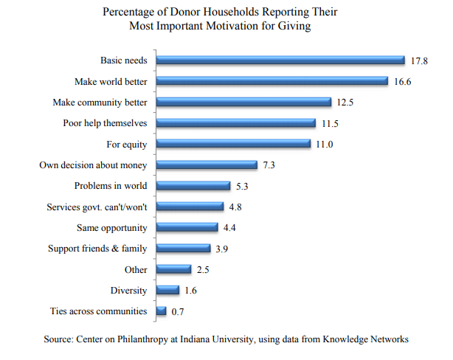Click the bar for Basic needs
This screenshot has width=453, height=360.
[x=280, y=60]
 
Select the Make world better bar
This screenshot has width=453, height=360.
[x=272, y=81]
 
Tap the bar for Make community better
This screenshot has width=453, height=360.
[x=243, y=102]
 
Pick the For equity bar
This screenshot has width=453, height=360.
[x=233, y=144]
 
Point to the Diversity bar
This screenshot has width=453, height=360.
[x=167, y=291]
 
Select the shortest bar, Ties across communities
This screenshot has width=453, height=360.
[x=161, y=311]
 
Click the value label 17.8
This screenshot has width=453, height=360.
[x=419, y=60]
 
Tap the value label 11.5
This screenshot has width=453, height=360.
[x=330, y=123]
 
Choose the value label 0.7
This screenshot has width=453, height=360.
[x=178, y=312]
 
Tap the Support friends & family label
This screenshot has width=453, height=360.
[x=97, y=249]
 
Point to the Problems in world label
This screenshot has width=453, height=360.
[x=111, y=186]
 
